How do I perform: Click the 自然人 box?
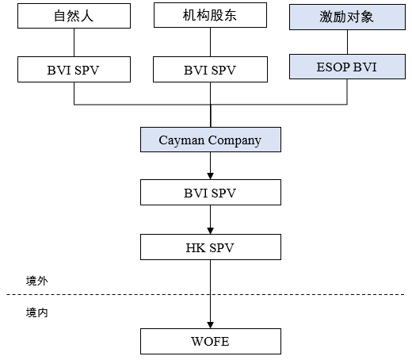pos(74,16)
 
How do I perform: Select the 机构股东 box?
pos(210,15)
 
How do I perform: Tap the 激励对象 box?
pos(347,17)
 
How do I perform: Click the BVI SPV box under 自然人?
pos(74,69)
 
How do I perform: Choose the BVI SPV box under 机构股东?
pos(210,69)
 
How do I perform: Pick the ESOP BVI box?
pos(347,67)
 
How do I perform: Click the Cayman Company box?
pos(211,140)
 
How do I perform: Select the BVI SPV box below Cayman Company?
pos(211,193)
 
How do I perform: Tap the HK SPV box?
pos(211,247)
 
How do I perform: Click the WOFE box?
pos(211,341)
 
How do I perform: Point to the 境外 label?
pos(37,281)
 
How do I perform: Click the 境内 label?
pos(37,312)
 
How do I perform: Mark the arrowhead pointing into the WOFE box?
pos(210,325)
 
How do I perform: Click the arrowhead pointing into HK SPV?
pos(210,231)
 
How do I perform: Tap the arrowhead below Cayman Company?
pos(210,176)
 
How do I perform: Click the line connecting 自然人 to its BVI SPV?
pos(74,42)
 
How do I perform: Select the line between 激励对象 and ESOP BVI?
pos(347,42)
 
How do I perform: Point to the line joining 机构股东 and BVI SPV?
pos(210,42)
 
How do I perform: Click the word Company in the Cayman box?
pos(235,140)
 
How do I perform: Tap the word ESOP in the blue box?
pos(333,67)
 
